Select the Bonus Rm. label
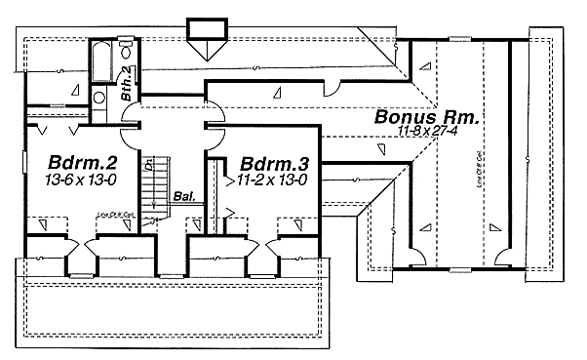coord(426,117)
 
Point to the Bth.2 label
coord(127,85)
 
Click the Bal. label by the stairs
coord(182,195)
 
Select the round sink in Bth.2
coord(98,97)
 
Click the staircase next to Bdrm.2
coord(153,190)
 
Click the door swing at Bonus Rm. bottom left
coord(416,257)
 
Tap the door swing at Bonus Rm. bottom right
coord(503,257)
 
